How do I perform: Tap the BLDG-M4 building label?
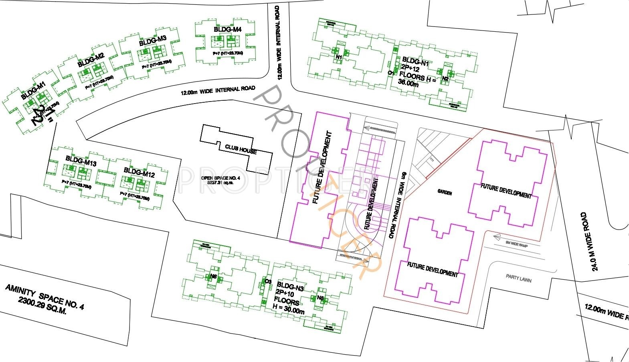point(227,29)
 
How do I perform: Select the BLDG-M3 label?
point(153,41)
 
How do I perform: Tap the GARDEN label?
point(445,193)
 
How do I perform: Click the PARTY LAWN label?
point(518,278)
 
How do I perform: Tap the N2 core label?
point(445,79)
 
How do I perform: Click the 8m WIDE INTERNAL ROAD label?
point(399,205)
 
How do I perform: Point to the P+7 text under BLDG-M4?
point(227,53)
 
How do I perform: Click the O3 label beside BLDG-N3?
point(268,281)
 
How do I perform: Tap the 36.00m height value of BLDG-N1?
point(409,83)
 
